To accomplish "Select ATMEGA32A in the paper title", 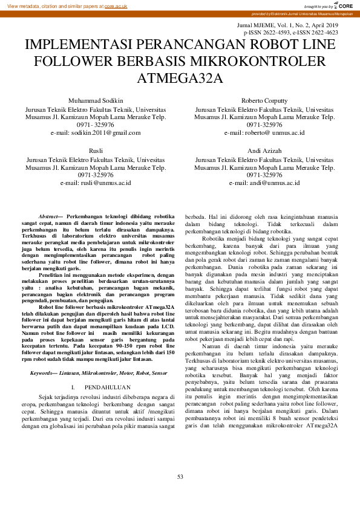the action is click(x=180, y=78).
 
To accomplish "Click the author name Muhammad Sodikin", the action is click(x=96, y=100).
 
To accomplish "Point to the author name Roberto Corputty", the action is click(x=264, y=100).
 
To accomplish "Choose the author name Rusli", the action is click(x=96, y=150).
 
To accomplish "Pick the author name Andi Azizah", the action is click(x=264, y=150).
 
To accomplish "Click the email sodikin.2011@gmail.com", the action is click(x=104, y=132).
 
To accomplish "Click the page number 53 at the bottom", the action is click(x=180, y=477).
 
